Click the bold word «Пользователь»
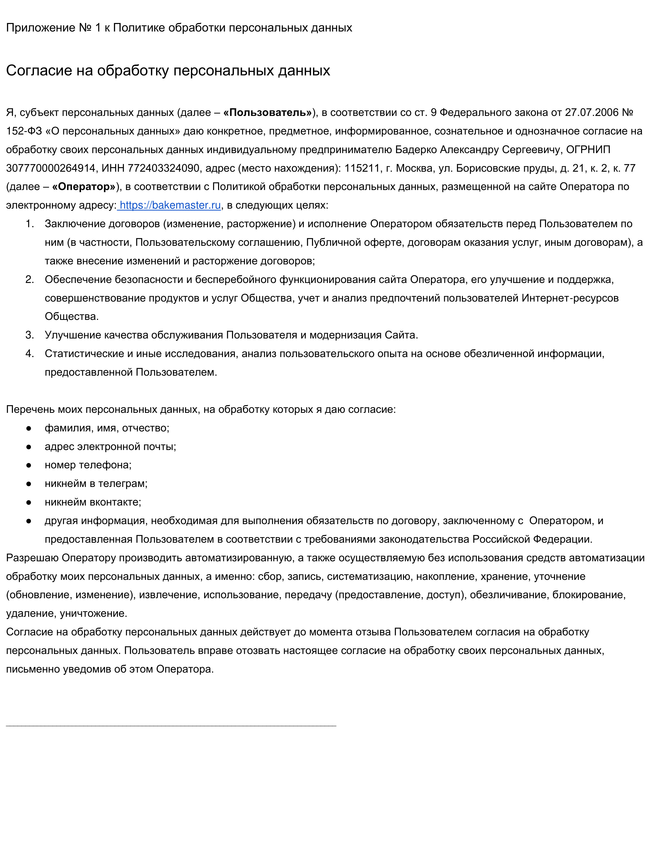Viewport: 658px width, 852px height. [x=267, y=113]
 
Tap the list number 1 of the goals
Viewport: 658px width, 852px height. [x=30, y=224]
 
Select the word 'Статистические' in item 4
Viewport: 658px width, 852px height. [x=84, y=354]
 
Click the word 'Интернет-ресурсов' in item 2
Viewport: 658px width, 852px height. [x=570, y=298]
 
